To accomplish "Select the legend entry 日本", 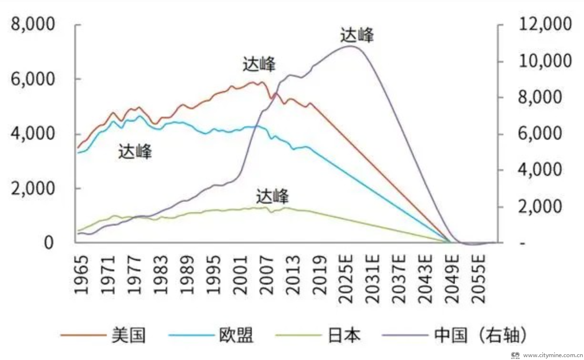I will point(344,335).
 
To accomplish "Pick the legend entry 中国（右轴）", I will point(482,335).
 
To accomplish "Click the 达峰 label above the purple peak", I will point(357,35).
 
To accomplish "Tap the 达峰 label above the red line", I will point(259,64).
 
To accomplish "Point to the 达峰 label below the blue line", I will point(135,152).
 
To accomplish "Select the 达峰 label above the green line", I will point(272,196).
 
